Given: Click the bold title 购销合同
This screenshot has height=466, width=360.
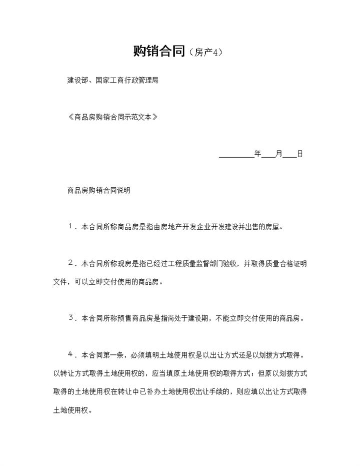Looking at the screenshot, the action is [159, 51].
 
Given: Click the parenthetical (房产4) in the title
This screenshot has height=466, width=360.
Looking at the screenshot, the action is [205, 52].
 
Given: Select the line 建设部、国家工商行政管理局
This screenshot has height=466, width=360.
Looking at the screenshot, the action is [112, 80].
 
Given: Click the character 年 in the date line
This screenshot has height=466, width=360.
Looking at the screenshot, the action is [258, 154].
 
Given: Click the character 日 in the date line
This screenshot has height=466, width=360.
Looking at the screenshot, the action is [300, 154].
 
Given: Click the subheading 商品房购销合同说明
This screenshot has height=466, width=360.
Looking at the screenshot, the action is [98, 190].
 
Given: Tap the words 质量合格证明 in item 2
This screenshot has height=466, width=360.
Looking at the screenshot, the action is [285, 263].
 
